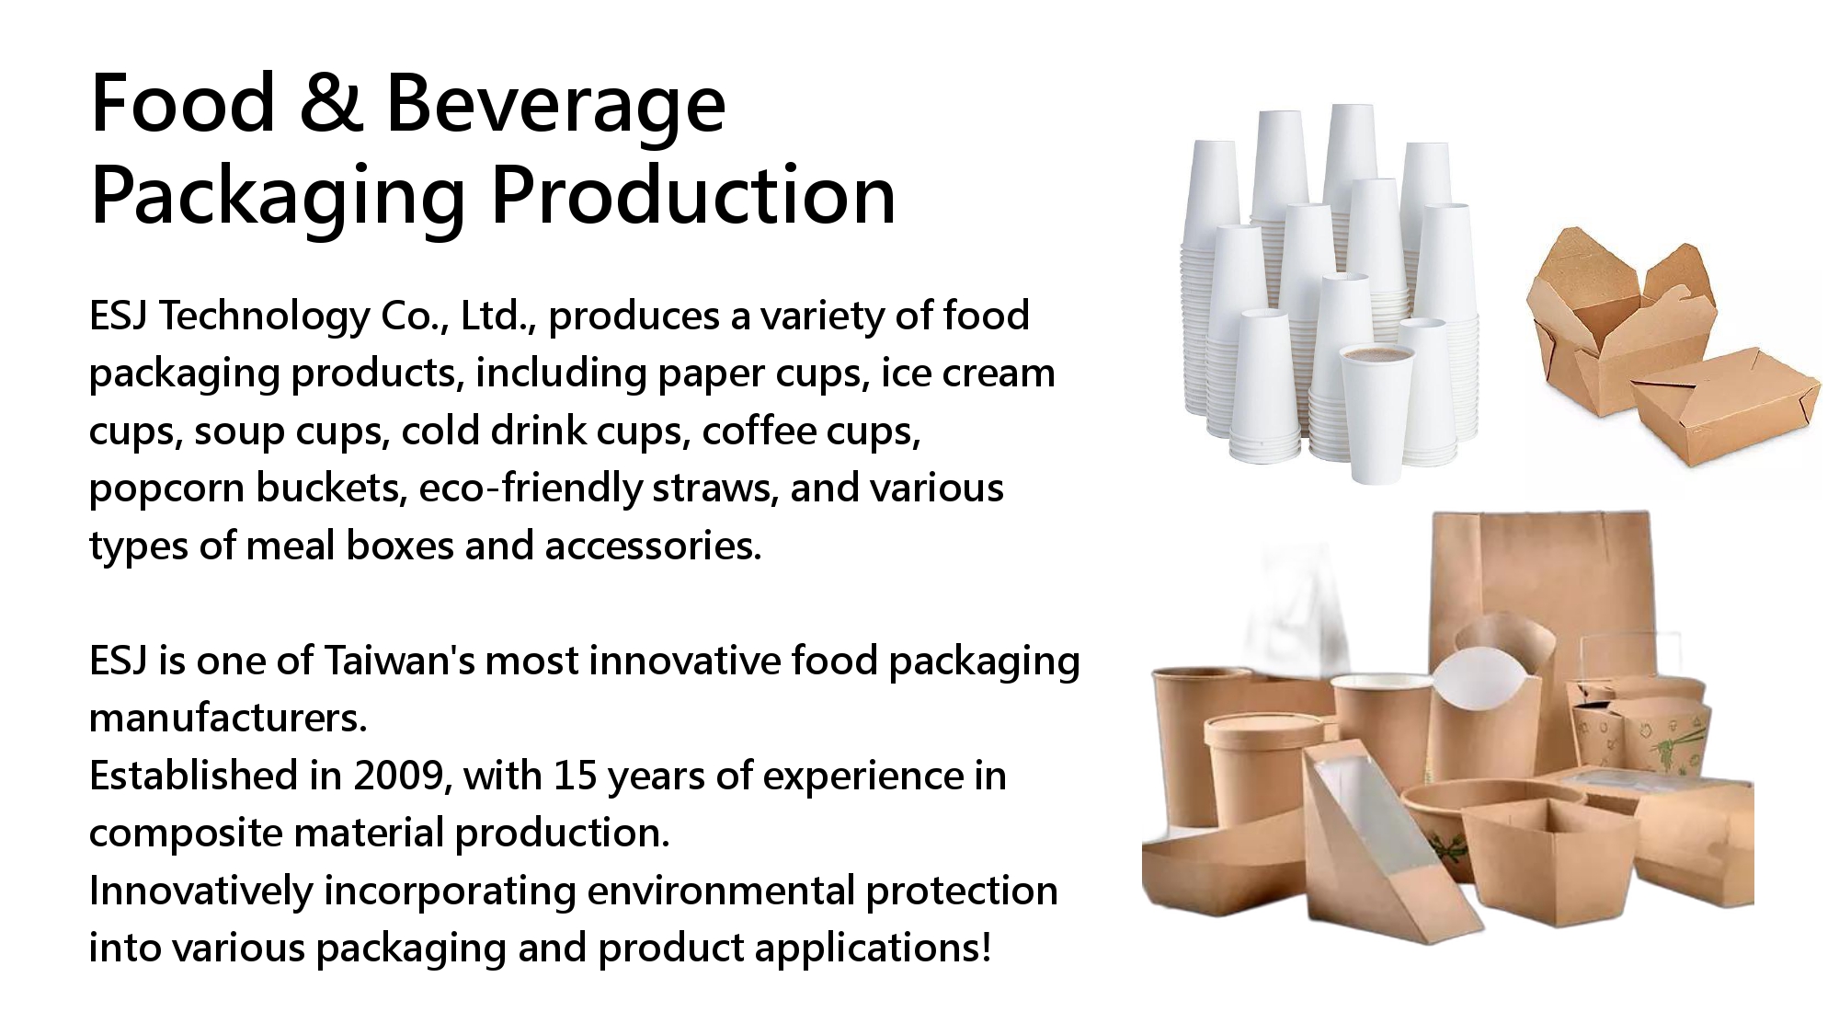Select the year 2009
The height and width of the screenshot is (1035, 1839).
coord(401,776)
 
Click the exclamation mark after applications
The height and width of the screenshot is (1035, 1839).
coord(986,948)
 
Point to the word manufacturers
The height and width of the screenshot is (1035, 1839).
coord(228,719)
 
